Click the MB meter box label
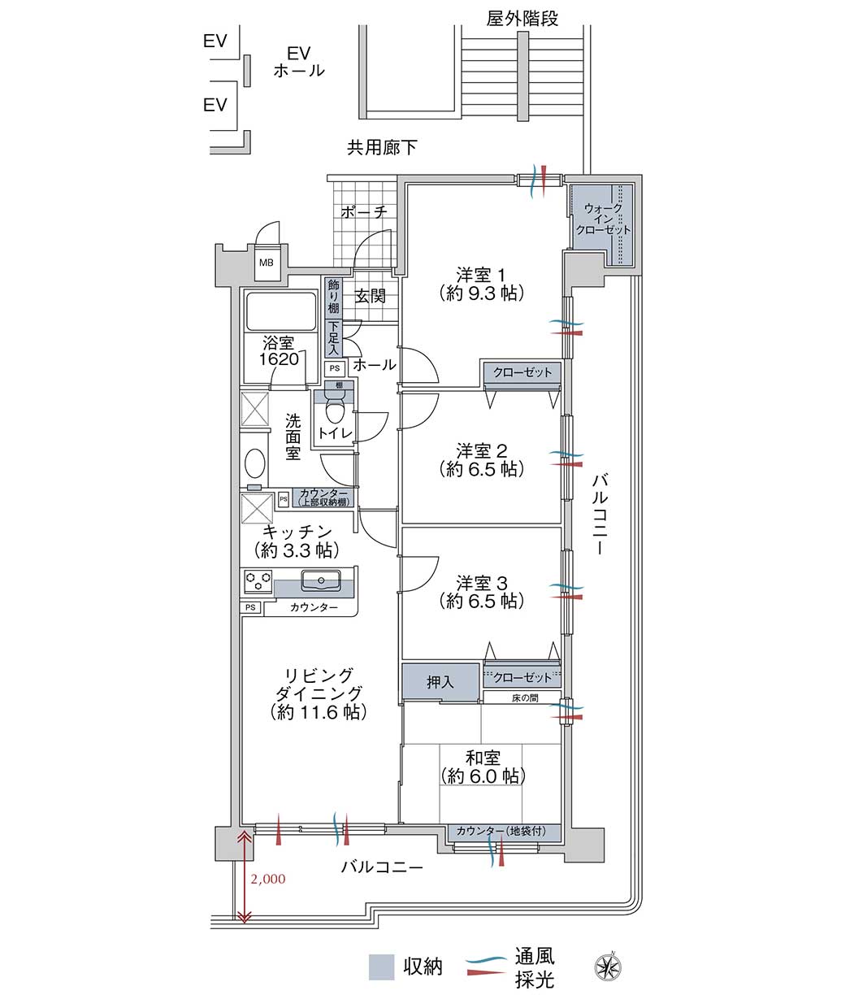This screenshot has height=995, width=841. point(266,263)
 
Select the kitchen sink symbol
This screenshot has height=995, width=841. point(320,580)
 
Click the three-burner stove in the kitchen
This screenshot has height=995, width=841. point(258,581)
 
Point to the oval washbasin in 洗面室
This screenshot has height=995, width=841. point(255,463)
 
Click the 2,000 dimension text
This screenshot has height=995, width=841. point(268,879)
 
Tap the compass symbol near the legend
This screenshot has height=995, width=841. point(608,967)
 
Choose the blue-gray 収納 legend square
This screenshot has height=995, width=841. point(382,967)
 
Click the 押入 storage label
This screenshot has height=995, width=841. point(440,682)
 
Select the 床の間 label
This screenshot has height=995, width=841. point(525,698)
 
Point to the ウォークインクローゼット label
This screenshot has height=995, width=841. point(603,219)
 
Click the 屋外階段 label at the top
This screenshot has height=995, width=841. point(522,19)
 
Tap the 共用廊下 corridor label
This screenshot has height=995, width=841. point(382,147)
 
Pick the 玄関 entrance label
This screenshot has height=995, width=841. point(370,296)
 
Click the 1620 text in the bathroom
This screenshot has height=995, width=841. point(279,359)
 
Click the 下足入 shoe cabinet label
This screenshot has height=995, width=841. point(333,338)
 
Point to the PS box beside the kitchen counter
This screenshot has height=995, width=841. point(250,607)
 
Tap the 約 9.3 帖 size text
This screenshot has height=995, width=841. point(482,293)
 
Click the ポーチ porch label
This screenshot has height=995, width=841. point(364,212)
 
